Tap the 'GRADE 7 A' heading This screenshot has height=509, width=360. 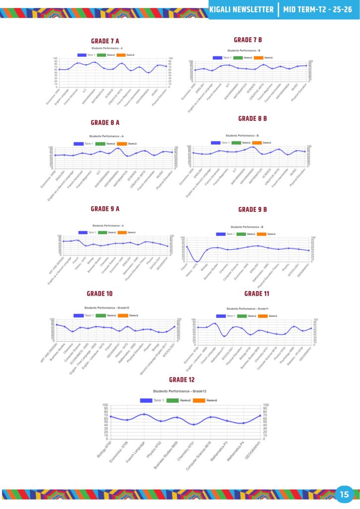[105, 41]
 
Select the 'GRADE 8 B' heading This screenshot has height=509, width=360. [253, 118]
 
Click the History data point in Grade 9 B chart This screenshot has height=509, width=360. [197, 261]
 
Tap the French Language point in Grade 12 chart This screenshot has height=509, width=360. [144, 414]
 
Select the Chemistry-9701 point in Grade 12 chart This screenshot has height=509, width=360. [194, 424]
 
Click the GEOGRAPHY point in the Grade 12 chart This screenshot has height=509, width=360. [260, 416]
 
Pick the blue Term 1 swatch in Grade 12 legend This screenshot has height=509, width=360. [146, 400]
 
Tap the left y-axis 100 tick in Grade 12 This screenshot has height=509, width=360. [105, 405]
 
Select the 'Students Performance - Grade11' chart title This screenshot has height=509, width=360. [251, 309]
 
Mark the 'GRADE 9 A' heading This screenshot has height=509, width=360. [105, 209]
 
